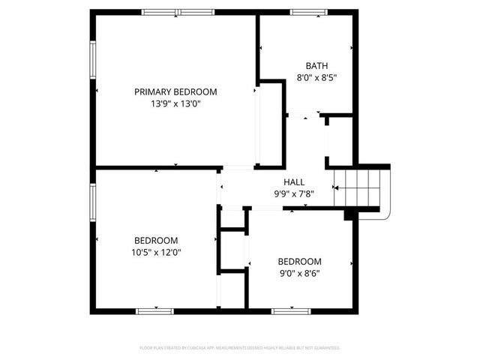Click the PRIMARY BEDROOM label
[x=175, y=91]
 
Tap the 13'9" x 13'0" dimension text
[x=175, y=104]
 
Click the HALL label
[x=293, y=182]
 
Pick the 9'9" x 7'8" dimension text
[x=293, y=193]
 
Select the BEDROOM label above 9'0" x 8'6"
[x=299, y=261]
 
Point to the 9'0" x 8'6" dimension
[x=299, y=273]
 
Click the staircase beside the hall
[x=361, y=187]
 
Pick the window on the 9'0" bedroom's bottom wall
[x=293, y=310]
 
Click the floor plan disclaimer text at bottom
[x=240, y=348]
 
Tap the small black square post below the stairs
[x=349, y=215]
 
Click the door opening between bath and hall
[x=304, y=115]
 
